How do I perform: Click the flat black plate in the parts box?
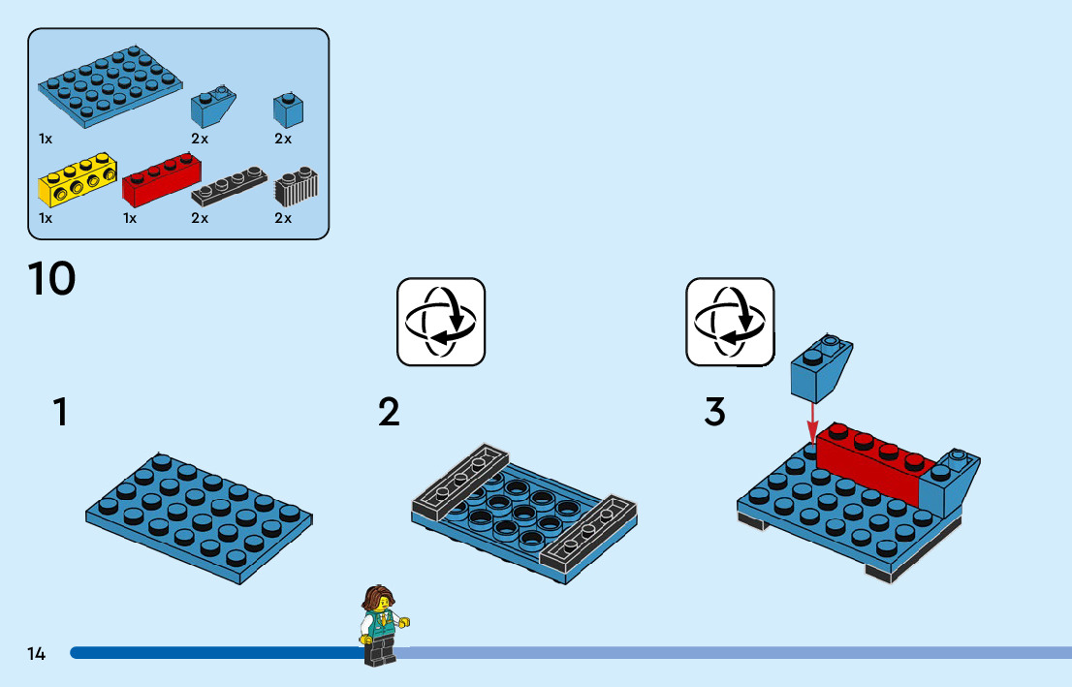tap(228, 183)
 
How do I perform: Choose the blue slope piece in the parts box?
tap(213, 107)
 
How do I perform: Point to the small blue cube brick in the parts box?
tap(287, 109)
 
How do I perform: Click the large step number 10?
tap(52, 280)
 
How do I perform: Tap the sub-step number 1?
tap(60, 413)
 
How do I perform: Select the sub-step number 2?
tap(389, 413)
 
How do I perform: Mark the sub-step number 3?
tap(714, 413)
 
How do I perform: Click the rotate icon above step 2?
tap(441, 322)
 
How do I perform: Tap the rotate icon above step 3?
tap(730, 322)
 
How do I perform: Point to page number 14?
tap(37, 653)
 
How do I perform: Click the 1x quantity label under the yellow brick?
tap(45, 218)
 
